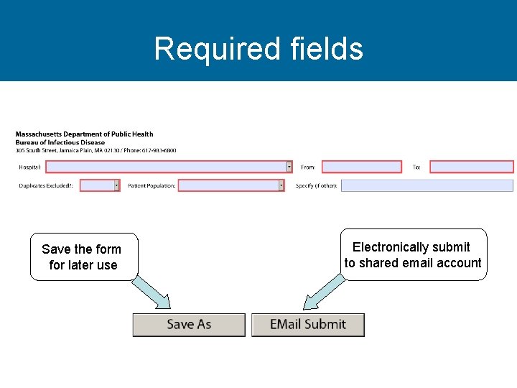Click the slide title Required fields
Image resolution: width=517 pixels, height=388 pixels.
pos(258,49)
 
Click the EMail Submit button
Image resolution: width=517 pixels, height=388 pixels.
pos(307,325)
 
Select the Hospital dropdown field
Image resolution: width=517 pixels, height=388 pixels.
pos(165,167)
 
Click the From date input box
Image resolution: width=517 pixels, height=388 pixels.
pos(361,167)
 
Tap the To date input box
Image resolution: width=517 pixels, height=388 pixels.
pos(471,167)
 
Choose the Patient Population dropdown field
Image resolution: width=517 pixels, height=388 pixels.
pos(228,185)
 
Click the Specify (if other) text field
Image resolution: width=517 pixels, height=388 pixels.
pos(427,185)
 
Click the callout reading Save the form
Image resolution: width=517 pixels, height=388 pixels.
pos(83,257)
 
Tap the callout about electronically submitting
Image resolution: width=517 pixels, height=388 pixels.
pos(413,254)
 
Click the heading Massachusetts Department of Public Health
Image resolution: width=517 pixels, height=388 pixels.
pos(84,134)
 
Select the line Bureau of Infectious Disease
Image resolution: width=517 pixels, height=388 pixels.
pos(60,142)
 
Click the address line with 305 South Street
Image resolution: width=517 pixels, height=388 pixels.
pos(96,150)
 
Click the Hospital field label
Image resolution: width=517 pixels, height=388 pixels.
pos(29,167)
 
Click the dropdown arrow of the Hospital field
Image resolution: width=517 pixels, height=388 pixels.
pos(289,167)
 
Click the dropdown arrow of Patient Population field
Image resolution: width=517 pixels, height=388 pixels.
pos(281,185)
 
